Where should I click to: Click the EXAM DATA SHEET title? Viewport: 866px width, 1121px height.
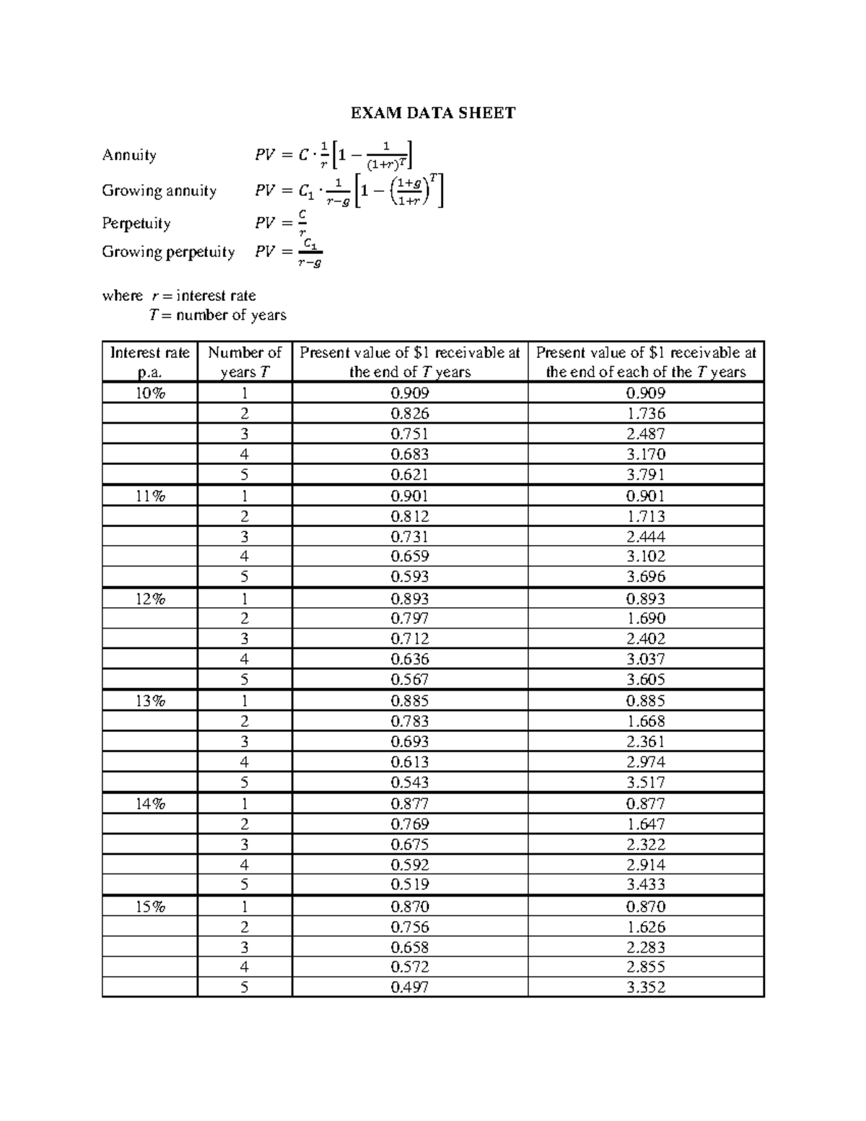tap(433, 113)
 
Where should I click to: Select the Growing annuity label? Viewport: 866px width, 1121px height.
tap(159, 191)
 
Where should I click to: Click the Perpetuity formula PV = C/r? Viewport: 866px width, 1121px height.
tap(281, 223)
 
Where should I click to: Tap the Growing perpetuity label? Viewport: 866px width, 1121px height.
tap(168, 252)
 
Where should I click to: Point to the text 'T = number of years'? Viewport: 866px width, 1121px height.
tap(217, 315)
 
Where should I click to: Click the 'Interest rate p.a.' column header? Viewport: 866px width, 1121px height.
tap(149, 362)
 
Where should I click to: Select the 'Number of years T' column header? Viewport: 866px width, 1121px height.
tap(244, 362)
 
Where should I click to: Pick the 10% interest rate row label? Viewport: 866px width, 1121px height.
tap(149, 393)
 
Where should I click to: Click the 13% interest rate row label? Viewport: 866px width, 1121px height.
tap(149, 700)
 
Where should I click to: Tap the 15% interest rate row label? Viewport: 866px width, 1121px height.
tap(149, 907)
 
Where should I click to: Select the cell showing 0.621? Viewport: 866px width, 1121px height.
tap(409, 474)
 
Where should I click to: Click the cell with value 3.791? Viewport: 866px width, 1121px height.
tap(645, 474)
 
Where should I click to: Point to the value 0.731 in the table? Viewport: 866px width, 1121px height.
tap(409, 536)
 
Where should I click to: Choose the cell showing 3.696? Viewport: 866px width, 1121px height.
tap(645, 576)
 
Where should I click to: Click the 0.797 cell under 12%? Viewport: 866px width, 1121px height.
tap(409, 619)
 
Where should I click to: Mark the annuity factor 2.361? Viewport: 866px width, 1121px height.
tap(645, 741)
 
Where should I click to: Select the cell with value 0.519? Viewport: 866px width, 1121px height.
tap(409, 884)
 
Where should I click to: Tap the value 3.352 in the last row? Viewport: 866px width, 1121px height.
tap(645, 987)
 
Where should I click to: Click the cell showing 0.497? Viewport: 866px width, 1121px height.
tap(409, 987)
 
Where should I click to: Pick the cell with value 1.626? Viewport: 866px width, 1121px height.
tap(645, 927)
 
